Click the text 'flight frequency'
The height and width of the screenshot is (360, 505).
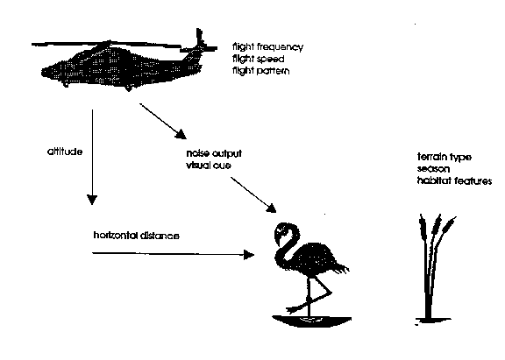click(x=267, y=47)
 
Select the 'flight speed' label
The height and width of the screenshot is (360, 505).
click(x=259, y=60)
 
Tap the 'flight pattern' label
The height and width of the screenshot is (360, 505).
click(x=261, y=71)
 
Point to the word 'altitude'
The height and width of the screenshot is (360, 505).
click(x=65, y=152)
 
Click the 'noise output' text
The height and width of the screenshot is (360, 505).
click(x=214, y=154)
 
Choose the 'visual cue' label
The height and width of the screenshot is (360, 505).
click(x=209, y=166)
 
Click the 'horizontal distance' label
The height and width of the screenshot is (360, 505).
click(x=136, y=236)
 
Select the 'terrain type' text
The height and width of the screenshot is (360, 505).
click(x=445, y=158)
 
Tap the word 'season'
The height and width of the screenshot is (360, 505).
click(x=433, y=169)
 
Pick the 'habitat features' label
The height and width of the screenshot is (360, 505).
click(x=454, y=180)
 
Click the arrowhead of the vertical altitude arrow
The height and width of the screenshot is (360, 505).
click(x=92, y=200)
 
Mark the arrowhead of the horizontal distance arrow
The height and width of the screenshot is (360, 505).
click(x=249, y=255)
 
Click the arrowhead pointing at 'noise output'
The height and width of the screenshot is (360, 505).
click(x=181, y=135)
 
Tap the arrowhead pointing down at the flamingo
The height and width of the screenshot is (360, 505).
click(x=271, y=208)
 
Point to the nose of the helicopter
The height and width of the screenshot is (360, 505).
click(x=44, y=73)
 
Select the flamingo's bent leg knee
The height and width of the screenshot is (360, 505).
click(x=329, y=293)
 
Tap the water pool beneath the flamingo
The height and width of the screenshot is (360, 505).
click(x=312, y=321)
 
